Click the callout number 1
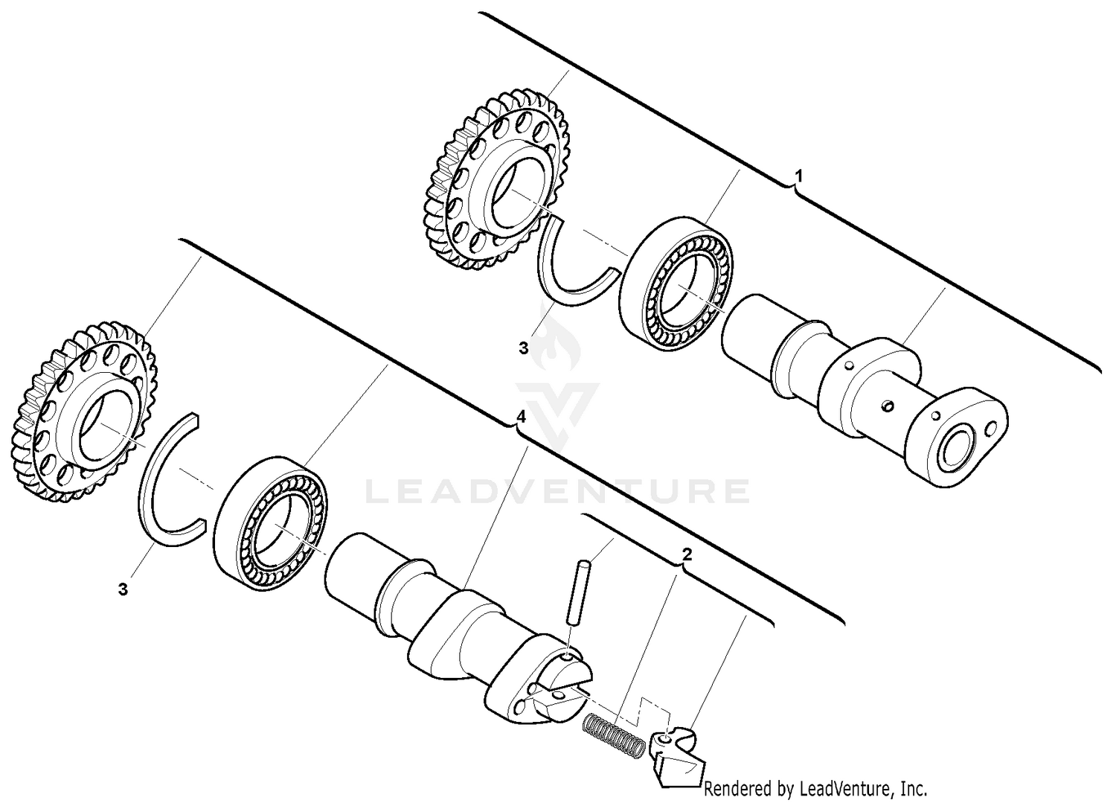pos(798,176)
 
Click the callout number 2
pos(687,554)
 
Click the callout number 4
pos(522,417)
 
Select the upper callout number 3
pos(523,348)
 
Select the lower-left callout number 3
pos(123,589)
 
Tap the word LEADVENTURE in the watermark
pos(558,491)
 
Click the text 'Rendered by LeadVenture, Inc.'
pos(815,788)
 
